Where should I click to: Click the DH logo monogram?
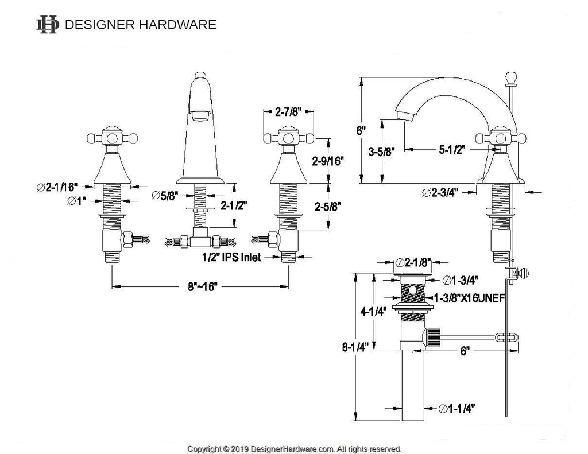(x=48, y=25)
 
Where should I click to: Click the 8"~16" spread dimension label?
(x=203, y=287)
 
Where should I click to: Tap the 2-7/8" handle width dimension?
(x=289, y=112)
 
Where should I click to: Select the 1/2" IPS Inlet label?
(x=231, y=257)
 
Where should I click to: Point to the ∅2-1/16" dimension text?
(x=57, y=187)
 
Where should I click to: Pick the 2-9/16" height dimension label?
(x=328, y=161)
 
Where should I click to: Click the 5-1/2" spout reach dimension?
(x=452, y=150)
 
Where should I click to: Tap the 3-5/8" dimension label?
(x=382, y=152)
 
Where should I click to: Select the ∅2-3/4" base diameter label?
(x=440, y=193)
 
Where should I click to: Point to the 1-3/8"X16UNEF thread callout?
(x=469, y=298)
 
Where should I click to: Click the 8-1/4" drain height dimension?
(x=355, y=347)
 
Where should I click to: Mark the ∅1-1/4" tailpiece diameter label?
(x=457, y=408)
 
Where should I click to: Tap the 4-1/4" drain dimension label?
(x=373, y=312)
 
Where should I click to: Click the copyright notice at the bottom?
(x=295, y=449)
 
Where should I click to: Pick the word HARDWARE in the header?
(x=178, y=25)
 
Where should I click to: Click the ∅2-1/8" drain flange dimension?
(x=413, y=262)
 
